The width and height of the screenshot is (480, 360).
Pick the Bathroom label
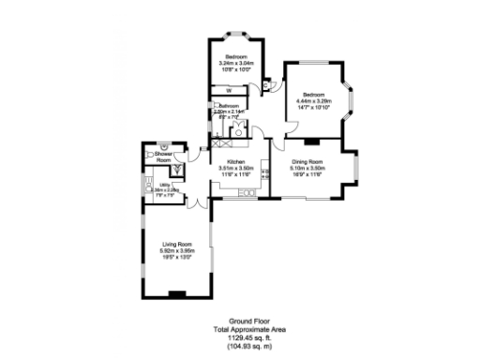[230, 106]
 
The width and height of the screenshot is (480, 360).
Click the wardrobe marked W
[230, 89]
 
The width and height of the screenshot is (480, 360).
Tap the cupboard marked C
[266, 84]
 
